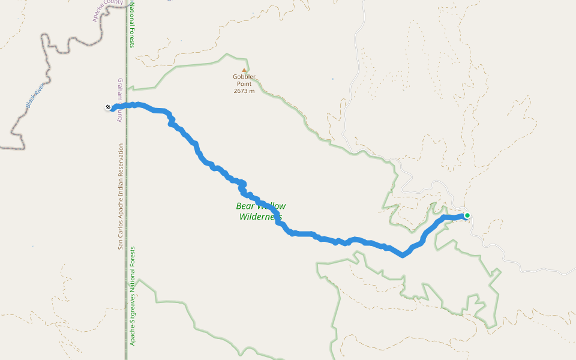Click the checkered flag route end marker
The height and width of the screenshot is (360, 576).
[108, 107]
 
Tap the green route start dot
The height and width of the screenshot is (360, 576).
[467, 215]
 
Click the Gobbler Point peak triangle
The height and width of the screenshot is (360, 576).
[244, 70]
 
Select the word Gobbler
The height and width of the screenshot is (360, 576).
[244, 77]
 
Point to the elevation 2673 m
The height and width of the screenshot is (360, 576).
[244, 91]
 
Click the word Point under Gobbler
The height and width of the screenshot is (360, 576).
[244, 84]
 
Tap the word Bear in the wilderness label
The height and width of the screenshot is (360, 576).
[247, 206]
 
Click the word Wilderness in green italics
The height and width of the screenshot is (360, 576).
[260, 217]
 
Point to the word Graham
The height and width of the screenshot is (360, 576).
[120, 88]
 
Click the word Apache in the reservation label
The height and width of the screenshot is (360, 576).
[121, 209]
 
